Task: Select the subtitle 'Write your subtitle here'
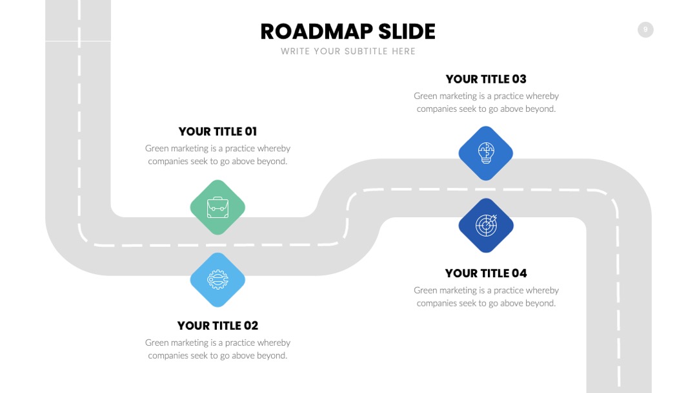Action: click(x=348, y=51)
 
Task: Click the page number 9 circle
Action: click(x=645, y=30)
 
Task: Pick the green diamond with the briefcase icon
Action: click(x=217, y=207)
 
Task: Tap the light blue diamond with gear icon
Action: click(x=217, y=280)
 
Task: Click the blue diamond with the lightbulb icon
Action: click(x=486, y=154)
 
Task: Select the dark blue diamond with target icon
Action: click(x=486, y=226)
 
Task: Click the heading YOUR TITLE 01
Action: click(x=218, y=132)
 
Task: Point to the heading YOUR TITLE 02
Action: click(x=218, y=326)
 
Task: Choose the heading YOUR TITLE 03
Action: click(x=487, y=80)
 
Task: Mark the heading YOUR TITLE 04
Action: click(x=487, y=273)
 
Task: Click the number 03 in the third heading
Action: click(x=519, y=80)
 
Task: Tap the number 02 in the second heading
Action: click(x=250, y=326)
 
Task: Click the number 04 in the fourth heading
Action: click(x=519, y=273)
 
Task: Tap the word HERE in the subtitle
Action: click(x=403, y=51)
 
